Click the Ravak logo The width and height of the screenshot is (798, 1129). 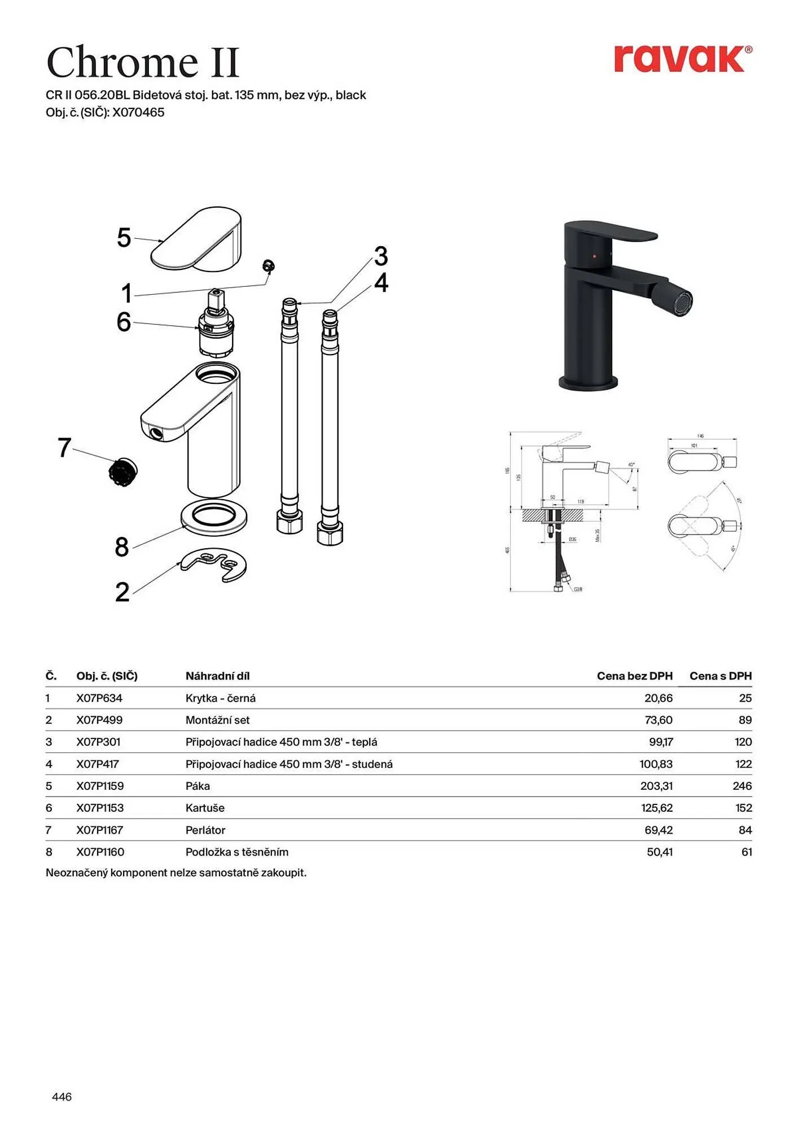[682, 59]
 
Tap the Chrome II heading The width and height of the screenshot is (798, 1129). [143, 62]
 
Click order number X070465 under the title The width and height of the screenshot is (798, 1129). [138, 112]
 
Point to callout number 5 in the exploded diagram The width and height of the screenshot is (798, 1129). [124, 238]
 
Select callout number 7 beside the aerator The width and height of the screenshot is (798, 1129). [64, 448]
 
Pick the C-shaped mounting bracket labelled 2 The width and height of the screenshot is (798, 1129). [214, 564]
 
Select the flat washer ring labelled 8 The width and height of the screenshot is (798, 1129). [214, 517]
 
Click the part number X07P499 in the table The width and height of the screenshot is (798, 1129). [99, 720]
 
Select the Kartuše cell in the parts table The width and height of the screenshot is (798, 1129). [205, 808]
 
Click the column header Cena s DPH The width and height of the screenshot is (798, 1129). [720, 676]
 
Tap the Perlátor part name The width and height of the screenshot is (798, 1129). [205, 830]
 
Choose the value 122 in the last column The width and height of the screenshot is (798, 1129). [743, 764]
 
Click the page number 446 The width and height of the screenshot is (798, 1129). [62, 1097]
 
